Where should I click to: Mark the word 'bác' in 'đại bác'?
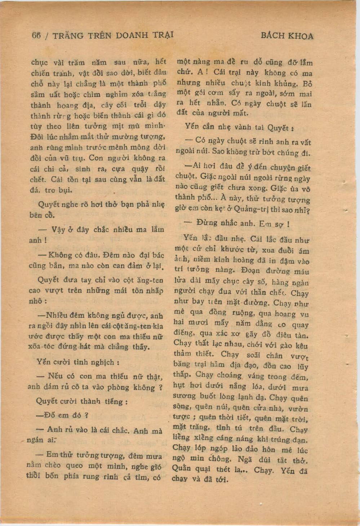click(159, 255)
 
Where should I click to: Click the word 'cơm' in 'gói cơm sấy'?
click(215, 93)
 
